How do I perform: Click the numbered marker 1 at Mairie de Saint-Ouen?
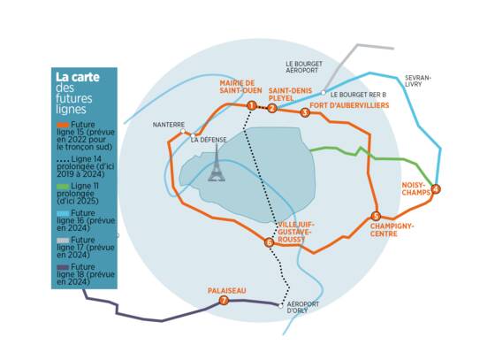[x=252, y=105]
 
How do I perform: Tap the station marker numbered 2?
[x=272, y=109]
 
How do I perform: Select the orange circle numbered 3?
[x=305, y=112]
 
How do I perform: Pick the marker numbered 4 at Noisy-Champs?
[x=436, y=189]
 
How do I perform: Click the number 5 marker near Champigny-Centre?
[x=376, y=217]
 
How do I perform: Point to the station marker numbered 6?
[x=269, y=242]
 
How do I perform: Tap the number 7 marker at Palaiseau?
[x=224, y=301]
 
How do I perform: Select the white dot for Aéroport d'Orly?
[x=281, y=306]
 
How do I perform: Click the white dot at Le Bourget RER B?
[x=324, y=93]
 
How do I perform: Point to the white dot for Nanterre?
[x=183, y=131]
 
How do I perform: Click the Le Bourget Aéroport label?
[x=304, y=67]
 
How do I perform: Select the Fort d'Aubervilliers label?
[x=349, y=105]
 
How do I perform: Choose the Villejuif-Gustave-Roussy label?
[x=295, y=232]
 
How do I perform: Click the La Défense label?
[x=209, y=140]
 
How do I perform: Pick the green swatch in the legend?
[x=63, y=187]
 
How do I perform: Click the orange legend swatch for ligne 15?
[x=63, y=125]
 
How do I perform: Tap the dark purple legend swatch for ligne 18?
[x=63, y=267]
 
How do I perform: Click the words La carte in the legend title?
[x=78, y=77]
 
